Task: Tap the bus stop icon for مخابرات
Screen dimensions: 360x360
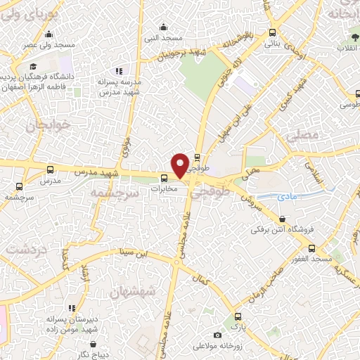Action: click(x=164, y=178)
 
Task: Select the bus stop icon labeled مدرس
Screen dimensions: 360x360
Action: click(x=49, y=170)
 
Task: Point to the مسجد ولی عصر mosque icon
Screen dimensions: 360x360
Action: click(x=49, y=34)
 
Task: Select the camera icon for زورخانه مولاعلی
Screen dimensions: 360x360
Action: click(x=217, y=335)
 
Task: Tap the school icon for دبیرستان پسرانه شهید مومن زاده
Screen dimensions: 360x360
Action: click(x=72, y=307)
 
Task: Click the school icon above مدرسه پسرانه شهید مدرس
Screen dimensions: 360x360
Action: click(x=120, y=71)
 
